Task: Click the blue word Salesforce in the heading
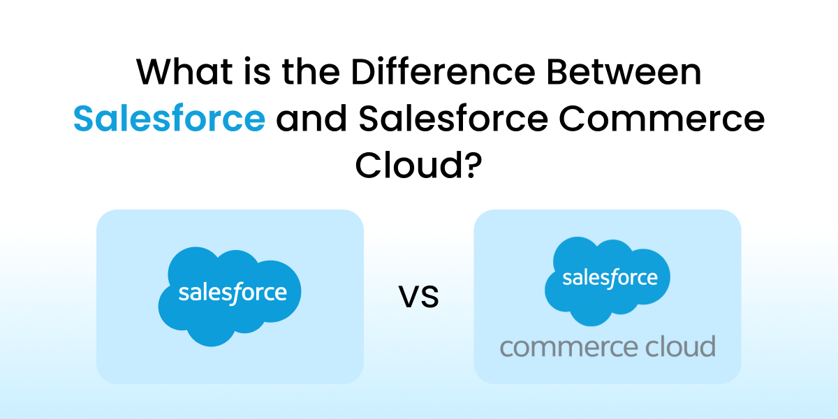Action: [x=169, y=119]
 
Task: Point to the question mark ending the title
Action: [x=474, y=166]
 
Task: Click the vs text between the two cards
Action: [x=419, y=297]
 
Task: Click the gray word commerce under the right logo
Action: [x=559, y=346]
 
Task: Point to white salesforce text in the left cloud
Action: [x=233, y=292]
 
